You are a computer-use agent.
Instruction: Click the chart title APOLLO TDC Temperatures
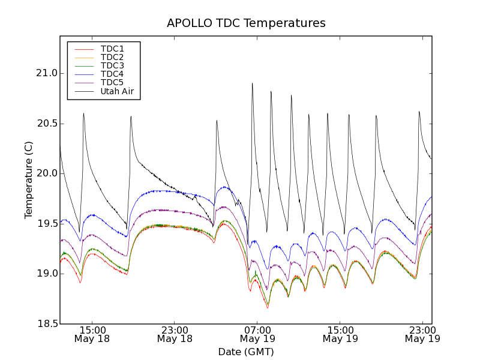point(246,23)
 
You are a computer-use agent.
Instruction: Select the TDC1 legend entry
point(112,49)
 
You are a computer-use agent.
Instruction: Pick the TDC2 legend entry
point(112,57)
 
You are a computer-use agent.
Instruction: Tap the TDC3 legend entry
point(112,65)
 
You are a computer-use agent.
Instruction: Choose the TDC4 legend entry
point(112,74)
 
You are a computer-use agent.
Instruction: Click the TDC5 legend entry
point(112,82)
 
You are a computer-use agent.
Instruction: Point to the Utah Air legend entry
point(117,91)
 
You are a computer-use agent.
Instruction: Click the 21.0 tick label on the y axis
point(46,73)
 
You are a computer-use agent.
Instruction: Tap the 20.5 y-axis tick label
point(46,124)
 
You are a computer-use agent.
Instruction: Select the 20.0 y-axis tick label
point(46,173)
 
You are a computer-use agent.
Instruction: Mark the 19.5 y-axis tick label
point(46,224)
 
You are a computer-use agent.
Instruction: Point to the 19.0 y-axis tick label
point(46,274)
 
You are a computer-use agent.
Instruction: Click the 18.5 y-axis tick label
point(46,324)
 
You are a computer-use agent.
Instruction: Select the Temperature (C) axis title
point(29,180)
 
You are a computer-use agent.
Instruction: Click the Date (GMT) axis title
point(246,352)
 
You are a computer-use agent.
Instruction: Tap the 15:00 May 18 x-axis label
point(92,334)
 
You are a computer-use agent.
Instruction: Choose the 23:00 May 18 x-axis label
point(175,334)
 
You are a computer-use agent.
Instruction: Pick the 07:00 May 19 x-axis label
point(257,334)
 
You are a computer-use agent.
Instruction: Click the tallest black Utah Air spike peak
point(252,83)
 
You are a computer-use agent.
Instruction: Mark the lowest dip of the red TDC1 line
point(268,308)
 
